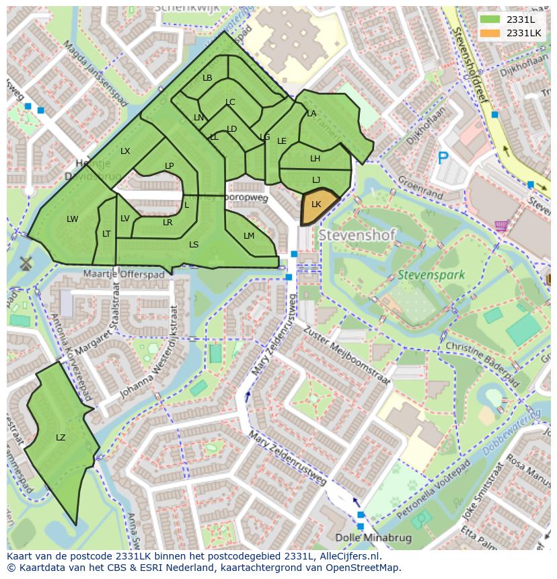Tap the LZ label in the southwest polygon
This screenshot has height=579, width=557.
(61, 438)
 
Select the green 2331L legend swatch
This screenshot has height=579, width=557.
(490, 19)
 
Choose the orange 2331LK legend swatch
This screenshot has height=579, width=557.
(490, 32)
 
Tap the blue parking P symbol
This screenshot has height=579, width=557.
(443, 158)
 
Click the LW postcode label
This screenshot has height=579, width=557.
(73, 219)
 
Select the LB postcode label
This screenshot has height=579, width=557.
(207, 78)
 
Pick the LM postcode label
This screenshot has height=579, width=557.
(249, 236)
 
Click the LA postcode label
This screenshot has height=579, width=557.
(311, 114)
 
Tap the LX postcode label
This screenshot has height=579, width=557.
(125, 151)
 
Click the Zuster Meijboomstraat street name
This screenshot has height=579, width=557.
(346, 356)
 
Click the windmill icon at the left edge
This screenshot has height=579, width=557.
(27, 262)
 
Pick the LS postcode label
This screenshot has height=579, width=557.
(194, 245)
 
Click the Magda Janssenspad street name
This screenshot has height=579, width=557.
(95, 73)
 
